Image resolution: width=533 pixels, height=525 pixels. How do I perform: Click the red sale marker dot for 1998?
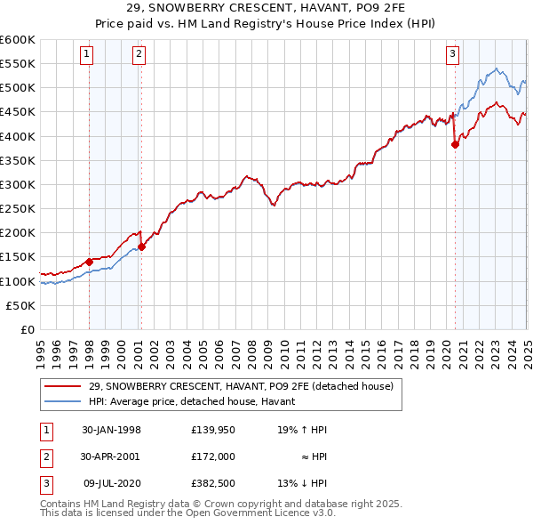point(90,262)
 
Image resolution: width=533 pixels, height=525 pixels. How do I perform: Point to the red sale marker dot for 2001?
point(142,246)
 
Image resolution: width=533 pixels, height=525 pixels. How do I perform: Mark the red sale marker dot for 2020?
point(455,144)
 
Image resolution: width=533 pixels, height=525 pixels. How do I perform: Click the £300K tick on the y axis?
point(17,184)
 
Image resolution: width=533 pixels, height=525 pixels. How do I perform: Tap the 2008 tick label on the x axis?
point(251,351)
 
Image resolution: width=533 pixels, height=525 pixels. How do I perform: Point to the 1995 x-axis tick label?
point(41,351)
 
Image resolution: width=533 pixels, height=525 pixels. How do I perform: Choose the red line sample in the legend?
point(63,385)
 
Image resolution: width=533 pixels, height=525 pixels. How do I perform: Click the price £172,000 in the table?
point(213,456)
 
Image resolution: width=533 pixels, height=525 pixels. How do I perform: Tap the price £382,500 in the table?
point(213,483)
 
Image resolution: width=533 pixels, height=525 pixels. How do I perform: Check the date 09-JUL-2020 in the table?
point(111,483)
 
